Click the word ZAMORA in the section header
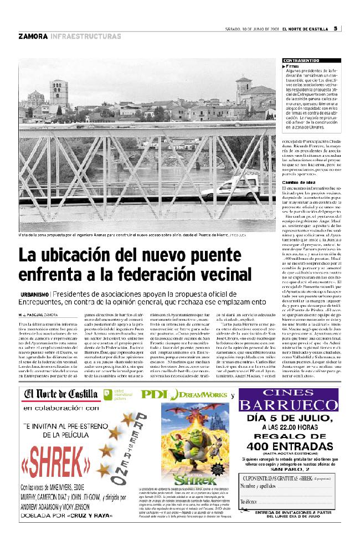[33, 37]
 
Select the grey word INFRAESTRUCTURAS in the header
[85, 37]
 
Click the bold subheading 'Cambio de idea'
[299, 182]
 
